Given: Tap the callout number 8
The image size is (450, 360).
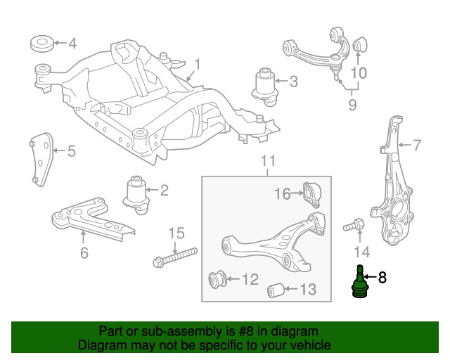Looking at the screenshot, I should pyautogui.click(x=382, y=278).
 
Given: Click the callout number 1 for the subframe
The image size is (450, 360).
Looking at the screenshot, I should pyautogui.click(x=198, y=65).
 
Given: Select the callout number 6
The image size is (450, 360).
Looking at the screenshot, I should pyautogui.click(x=84, y=252).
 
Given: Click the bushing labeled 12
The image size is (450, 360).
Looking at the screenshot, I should pyautogui.click(x=219, y=279).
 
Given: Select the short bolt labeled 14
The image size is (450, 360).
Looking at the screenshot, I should pyautogui.click(x=353, y=226).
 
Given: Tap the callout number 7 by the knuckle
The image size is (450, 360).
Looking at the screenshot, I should pyautogui.click(x=416, y=146).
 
